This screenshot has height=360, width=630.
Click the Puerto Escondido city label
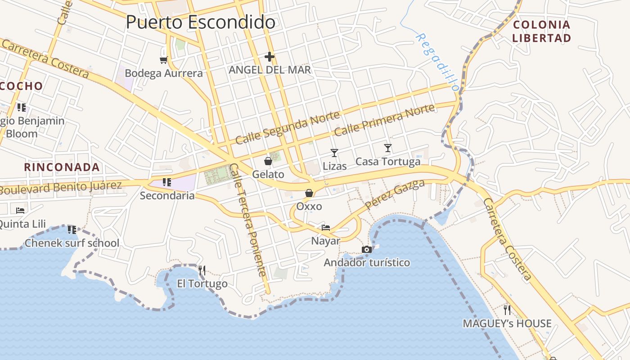[200, 22]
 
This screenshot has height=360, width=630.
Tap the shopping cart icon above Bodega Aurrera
[163, 60]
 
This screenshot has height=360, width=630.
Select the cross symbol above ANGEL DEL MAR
[270, 57]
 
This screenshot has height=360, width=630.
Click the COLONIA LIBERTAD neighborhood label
[542, 31]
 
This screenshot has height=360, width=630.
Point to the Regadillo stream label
[437, 62]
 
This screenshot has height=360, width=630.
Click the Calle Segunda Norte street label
[287, 128]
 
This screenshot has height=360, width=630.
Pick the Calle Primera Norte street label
[385, 120]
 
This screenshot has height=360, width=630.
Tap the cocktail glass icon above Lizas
[334, 153]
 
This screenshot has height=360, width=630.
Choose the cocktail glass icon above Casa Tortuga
[388, 148]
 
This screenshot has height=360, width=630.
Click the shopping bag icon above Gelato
[268, 161]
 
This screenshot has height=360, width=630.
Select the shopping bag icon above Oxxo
[309, 193]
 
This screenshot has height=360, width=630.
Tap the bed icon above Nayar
[326, 228]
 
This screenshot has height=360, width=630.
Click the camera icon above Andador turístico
[367, 250]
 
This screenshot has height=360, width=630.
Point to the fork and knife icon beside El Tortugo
[202, 270]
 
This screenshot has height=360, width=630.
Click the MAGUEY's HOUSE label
[507, 324]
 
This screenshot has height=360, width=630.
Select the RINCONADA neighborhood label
[62, 167]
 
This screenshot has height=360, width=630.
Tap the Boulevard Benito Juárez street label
[60, 188]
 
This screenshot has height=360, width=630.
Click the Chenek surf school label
[72, 243]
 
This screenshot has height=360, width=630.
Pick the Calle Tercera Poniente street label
[248, 220]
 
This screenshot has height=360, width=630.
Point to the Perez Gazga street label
[395, 194]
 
